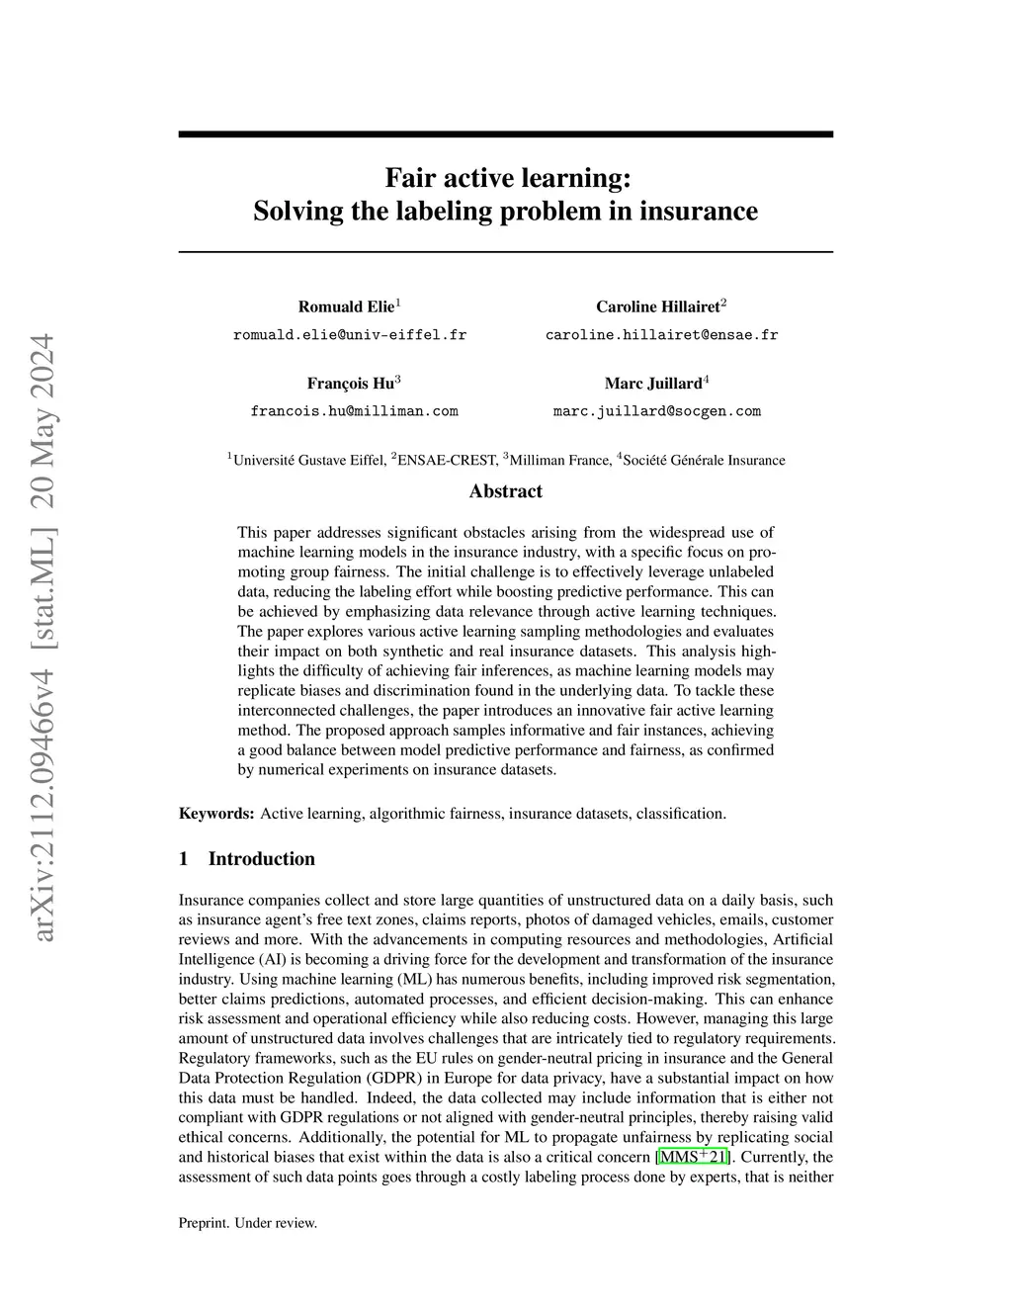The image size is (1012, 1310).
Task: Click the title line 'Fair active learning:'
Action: (506, 178)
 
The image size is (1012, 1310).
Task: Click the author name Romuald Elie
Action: (346, 306)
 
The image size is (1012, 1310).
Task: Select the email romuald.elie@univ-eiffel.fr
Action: (350, 335)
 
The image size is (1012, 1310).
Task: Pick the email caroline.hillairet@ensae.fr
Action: (662, 335)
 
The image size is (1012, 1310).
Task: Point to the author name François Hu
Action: (351, 383)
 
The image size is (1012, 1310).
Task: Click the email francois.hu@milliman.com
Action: (354, 411)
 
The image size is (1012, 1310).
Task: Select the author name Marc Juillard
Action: (653, 383)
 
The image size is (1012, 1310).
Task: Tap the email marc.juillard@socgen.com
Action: (657, 411)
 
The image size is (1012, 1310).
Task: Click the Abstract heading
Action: (505, 491)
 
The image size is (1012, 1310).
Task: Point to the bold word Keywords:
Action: (216, 814)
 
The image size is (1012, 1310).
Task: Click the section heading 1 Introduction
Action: (247, 858)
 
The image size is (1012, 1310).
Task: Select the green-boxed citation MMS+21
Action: (692, 1157)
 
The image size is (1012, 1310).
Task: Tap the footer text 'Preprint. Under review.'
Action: (248, 1223)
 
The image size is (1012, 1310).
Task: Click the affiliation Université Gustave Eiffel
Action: (308, 460)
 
